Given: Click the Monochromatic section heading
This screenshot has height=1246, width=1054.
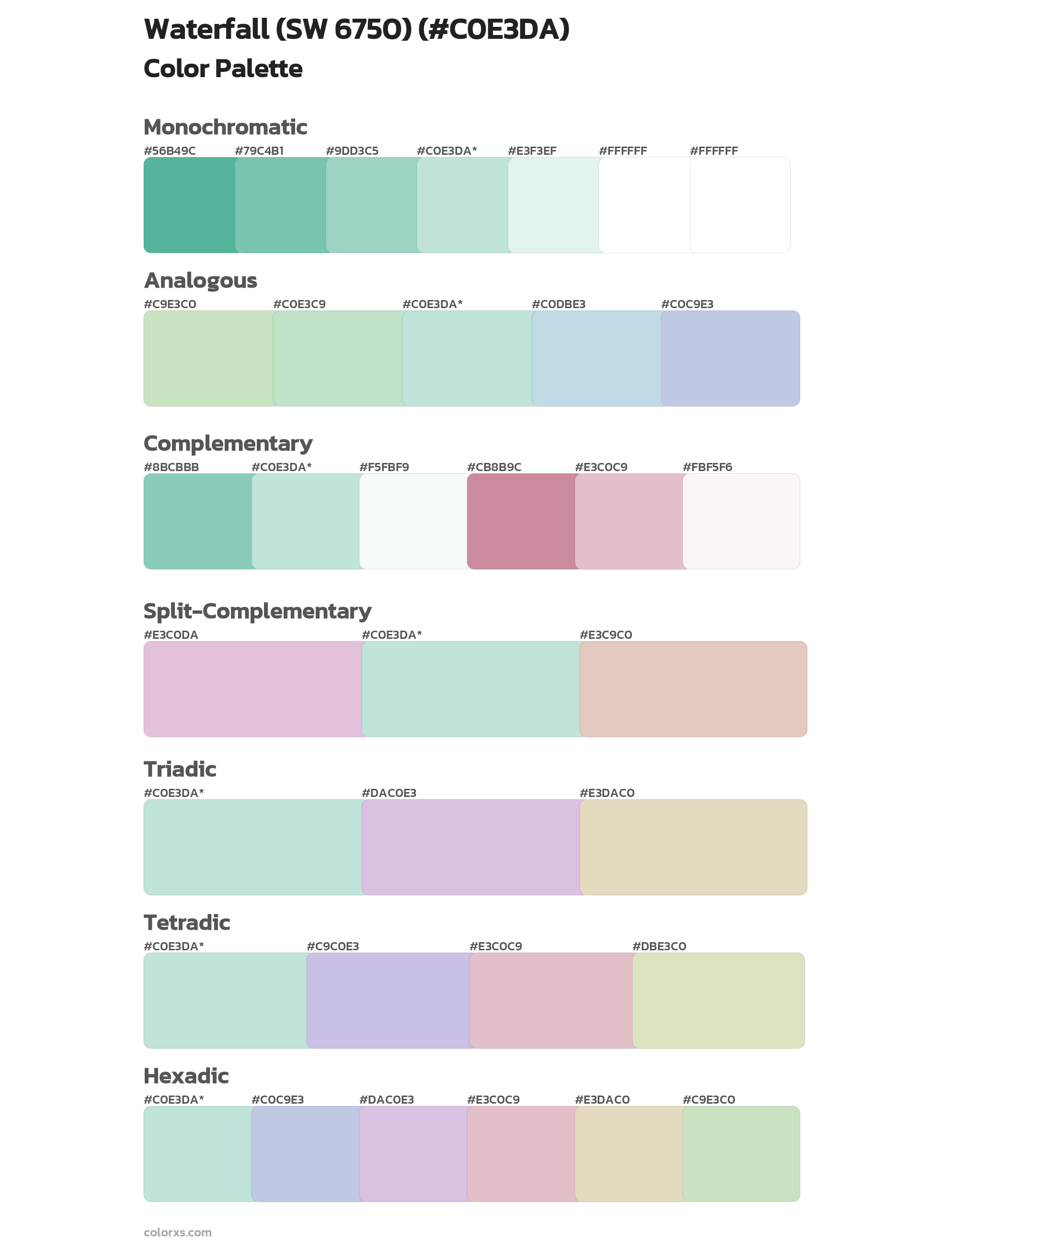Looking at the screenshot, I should [x=225, y=127].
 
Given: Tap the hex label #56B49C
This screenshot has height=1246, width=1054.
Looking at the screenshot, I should [x=170, y=151].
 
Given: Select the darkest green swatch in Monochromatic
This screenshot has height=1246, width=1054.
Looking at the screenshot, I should [x=189, y=205].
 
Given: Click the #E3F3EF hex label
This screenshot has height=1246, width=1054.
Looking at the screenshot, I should [x=532, y=151].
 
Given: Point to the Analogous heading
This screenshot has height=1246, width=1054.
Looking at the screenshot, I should [x=200, y=280].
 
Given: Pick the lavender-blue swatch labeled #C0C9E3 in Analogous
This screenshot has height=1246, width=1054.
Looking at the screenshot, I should [x=730, y=358].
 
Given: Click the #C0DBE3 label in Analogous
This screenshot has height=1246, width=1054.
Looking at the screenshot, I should [x=558, y=304].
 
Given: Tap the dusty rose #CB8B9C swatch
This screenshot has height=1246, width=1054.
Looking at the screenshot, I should [x=521, y=521].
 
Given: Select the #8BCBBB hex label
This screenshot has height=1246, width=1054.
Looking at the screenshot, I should [x=171, y=467].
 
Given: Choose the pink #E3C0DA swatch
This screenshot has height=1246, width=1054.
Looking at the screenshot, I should [x=252, y=689].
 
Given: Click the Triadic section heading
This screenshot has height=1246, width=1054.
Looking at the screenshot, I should [x=180, y=769].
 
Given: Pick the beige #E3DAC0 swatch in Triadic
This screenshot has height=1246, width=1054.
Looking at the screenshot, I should [x=693, y=847].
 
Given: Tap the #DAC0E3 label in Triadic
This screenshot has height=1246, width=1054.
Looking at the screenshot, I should [x=389, y=793].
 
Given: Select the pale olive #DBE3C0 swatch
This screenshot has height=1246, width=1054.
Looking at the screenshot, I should [x=718, y=1000].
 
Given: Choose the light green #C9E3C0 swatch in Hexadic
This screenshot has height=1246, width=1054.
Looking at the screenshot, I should [x=741, y=1154].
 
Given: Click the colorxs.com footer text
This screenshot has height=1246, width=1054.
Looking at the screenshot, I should [x=177, y=1232].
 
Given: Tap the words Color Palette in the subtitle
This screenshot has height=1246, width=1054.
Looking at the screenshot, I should [x=223, y=69].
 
